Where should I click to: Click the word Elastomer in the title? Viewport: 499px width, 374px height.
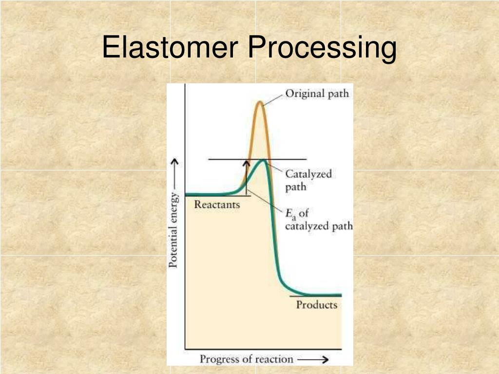171,48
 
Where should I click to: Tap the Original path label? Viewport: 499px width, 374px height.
317,93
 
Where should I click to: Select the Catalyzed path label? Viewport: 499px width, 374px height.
308,180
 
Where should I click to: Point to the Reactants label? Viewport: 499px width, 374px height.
217,205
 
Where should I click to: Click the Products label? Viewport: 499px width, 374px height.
317,305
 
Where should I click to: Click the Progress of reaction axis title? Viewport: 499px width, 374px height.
247,359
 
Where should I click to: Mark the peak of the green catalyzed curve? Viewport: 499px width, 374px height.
263,160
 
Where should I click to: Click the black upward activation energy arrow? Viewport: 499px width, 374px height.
247,178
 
